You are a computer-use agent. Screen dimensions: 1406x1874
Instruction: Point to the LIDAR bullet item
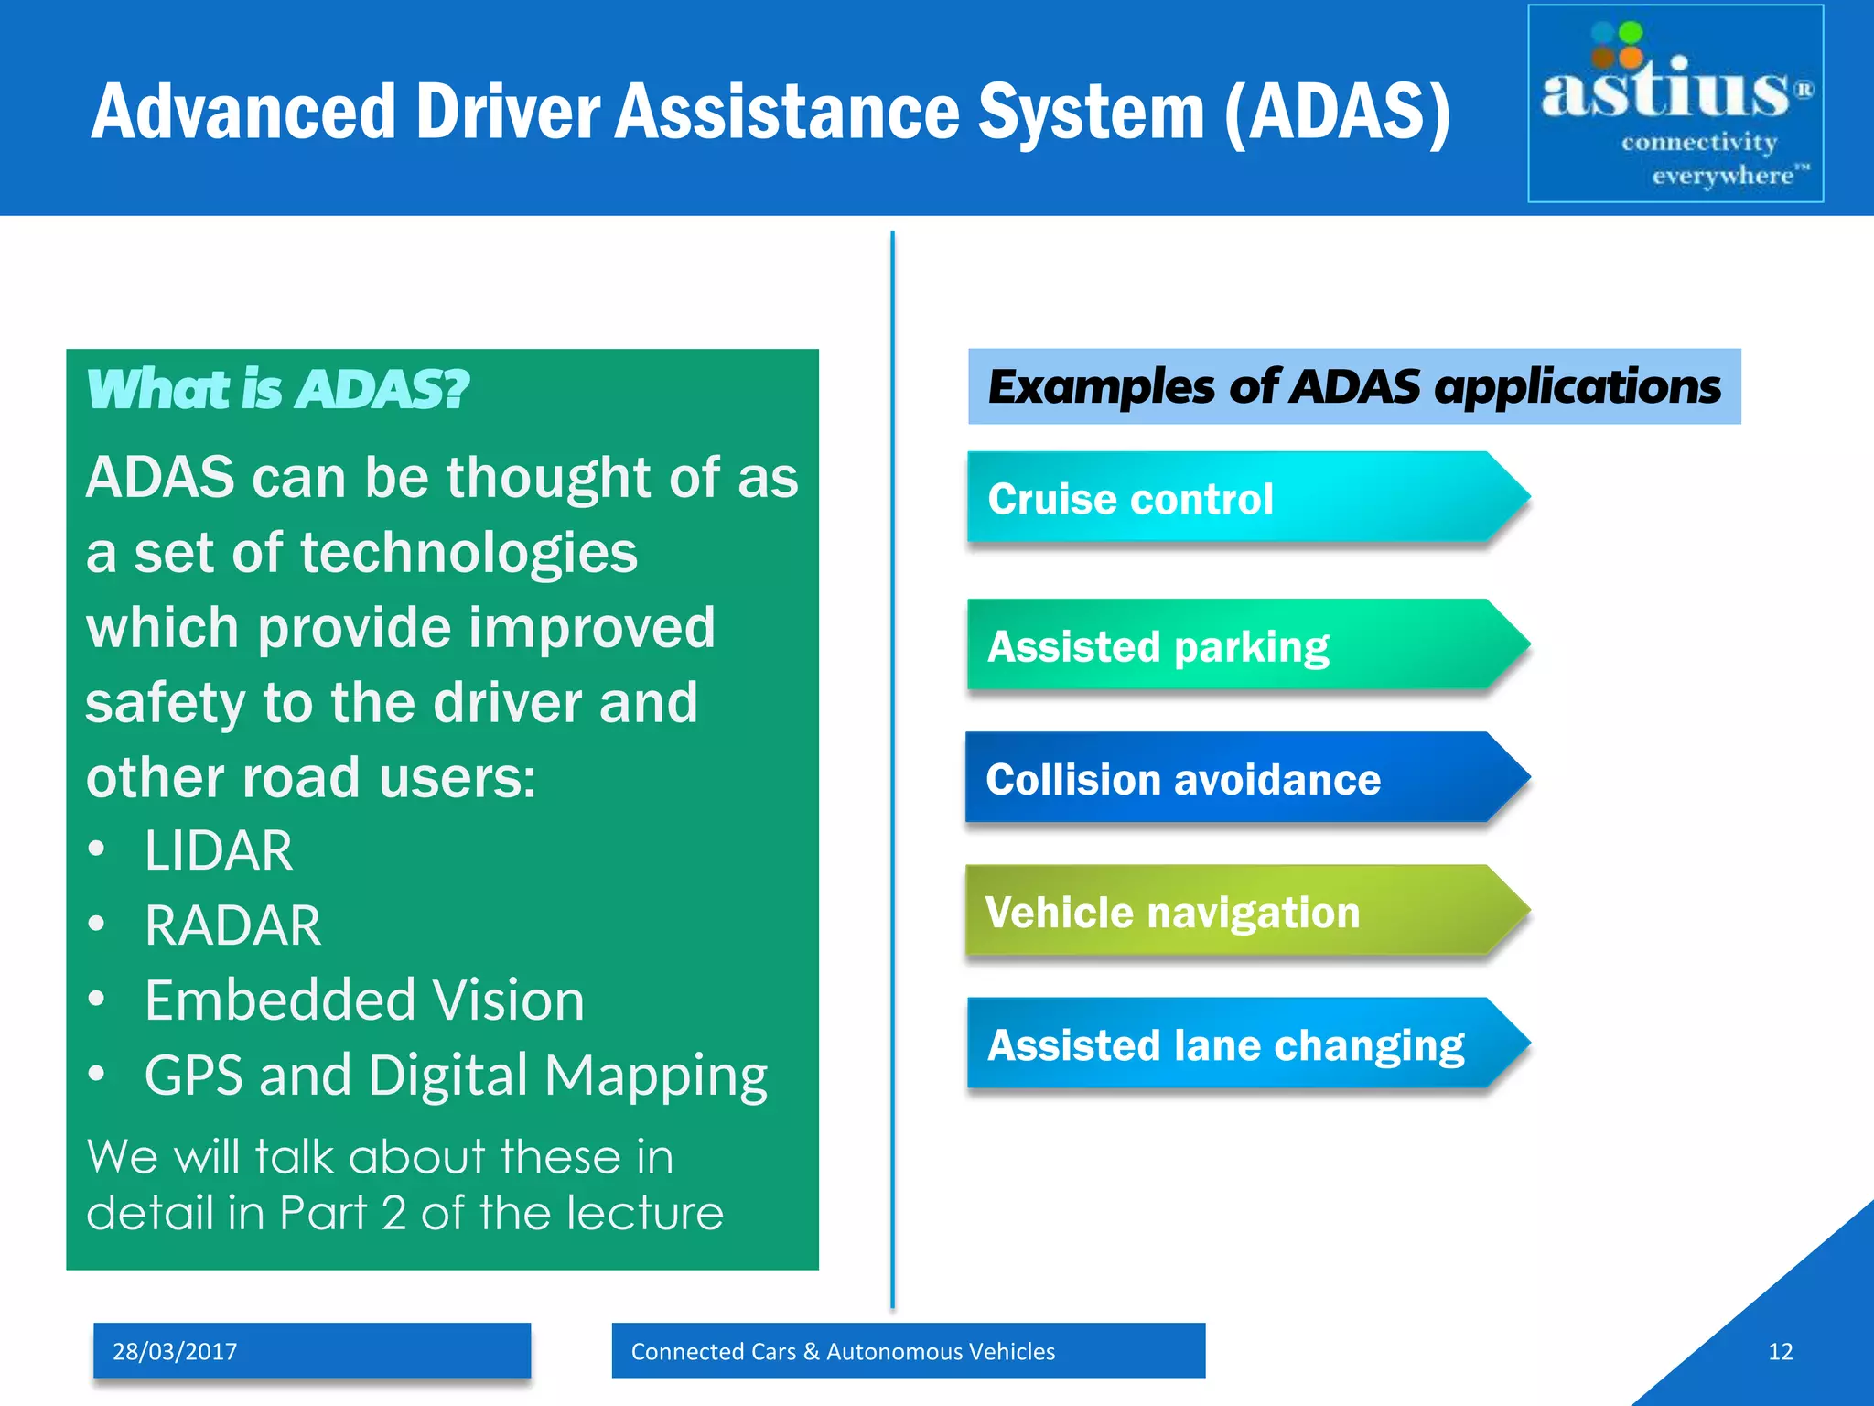point(219,850)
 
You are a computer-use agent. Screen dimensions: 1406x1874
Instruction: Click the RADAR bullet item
point(232,925)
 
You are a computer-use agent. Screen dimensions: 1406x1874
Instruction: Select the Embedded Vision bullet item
point(364,1000)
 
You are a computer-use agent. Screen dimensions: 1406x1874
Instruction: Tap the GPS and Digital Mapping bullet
point(456,1075)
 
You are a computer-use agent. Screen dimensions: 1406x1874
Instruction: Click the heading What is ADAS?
point(277,390)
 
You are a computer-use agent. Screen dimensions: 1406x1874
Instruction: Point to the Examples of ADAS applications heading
point(1354,386)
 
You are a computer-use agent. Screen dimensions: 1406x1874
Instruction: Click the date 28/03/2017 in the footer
point(175,1351)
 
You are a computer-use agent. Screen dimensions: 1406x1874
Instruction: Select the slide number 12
point(1780,1351)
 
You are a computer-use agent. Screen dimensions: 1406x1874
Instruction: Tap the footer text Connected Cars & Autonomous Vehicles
point(843,1351)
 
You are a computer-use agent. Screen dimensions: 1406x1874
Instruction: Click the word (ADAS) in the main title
point(1337,112)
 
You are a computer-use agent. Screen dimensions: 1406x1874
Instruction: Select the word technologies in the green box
point(468,552)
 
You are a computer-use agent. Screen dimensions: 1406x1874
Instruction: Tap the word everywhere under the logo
point(1722,175)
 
